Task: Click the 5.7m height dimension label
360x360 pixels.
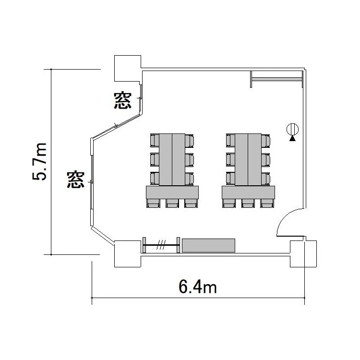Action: tap(39, 161)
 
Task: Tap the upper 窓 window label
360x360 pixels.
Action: tap(123, 100)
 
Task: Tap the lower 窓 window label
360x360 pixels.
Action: tap(76, 180)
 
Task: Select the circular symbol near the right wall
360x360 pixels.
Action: tap(292, 129)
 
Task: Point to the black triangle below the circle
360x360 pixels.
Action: tap(292, 138)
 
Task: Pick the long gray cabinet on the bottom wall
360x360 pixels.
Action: tap(208, 245)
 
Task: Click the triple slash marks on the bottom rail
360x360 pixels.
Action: tap(161, 245)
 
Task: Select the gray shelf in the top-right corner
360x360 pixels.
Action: tap(276, 79)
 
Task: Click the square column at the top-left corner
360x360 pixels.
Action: tap(128, 69)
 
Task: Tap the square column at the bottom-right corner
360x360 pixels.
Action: tap(303, 254)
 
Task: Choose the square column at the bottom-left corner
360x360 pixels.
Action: tap(128, 254)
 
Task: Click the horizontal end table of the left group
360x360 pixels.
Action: tap(172, 192)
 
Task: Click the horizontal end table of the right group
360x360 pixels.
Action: tap(248, 192)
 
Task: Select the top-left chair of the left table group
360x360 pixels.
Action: tap(155, 141)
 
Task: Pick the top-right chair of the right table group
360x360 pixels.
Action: tap(265, 141)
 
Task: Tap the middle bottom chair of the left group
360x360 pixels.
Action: tap(172, 204)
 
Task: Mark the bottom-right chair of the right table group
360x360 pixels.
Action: tap(267, 204)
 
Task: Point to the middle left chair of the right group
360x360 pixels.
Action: tap(230, 159)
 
